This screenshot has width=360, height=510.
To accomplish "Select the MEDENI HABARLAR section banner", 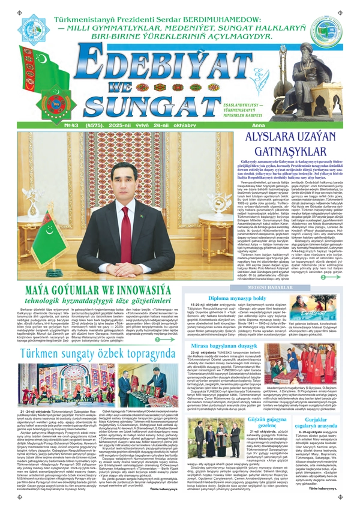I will coord(274,287).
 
